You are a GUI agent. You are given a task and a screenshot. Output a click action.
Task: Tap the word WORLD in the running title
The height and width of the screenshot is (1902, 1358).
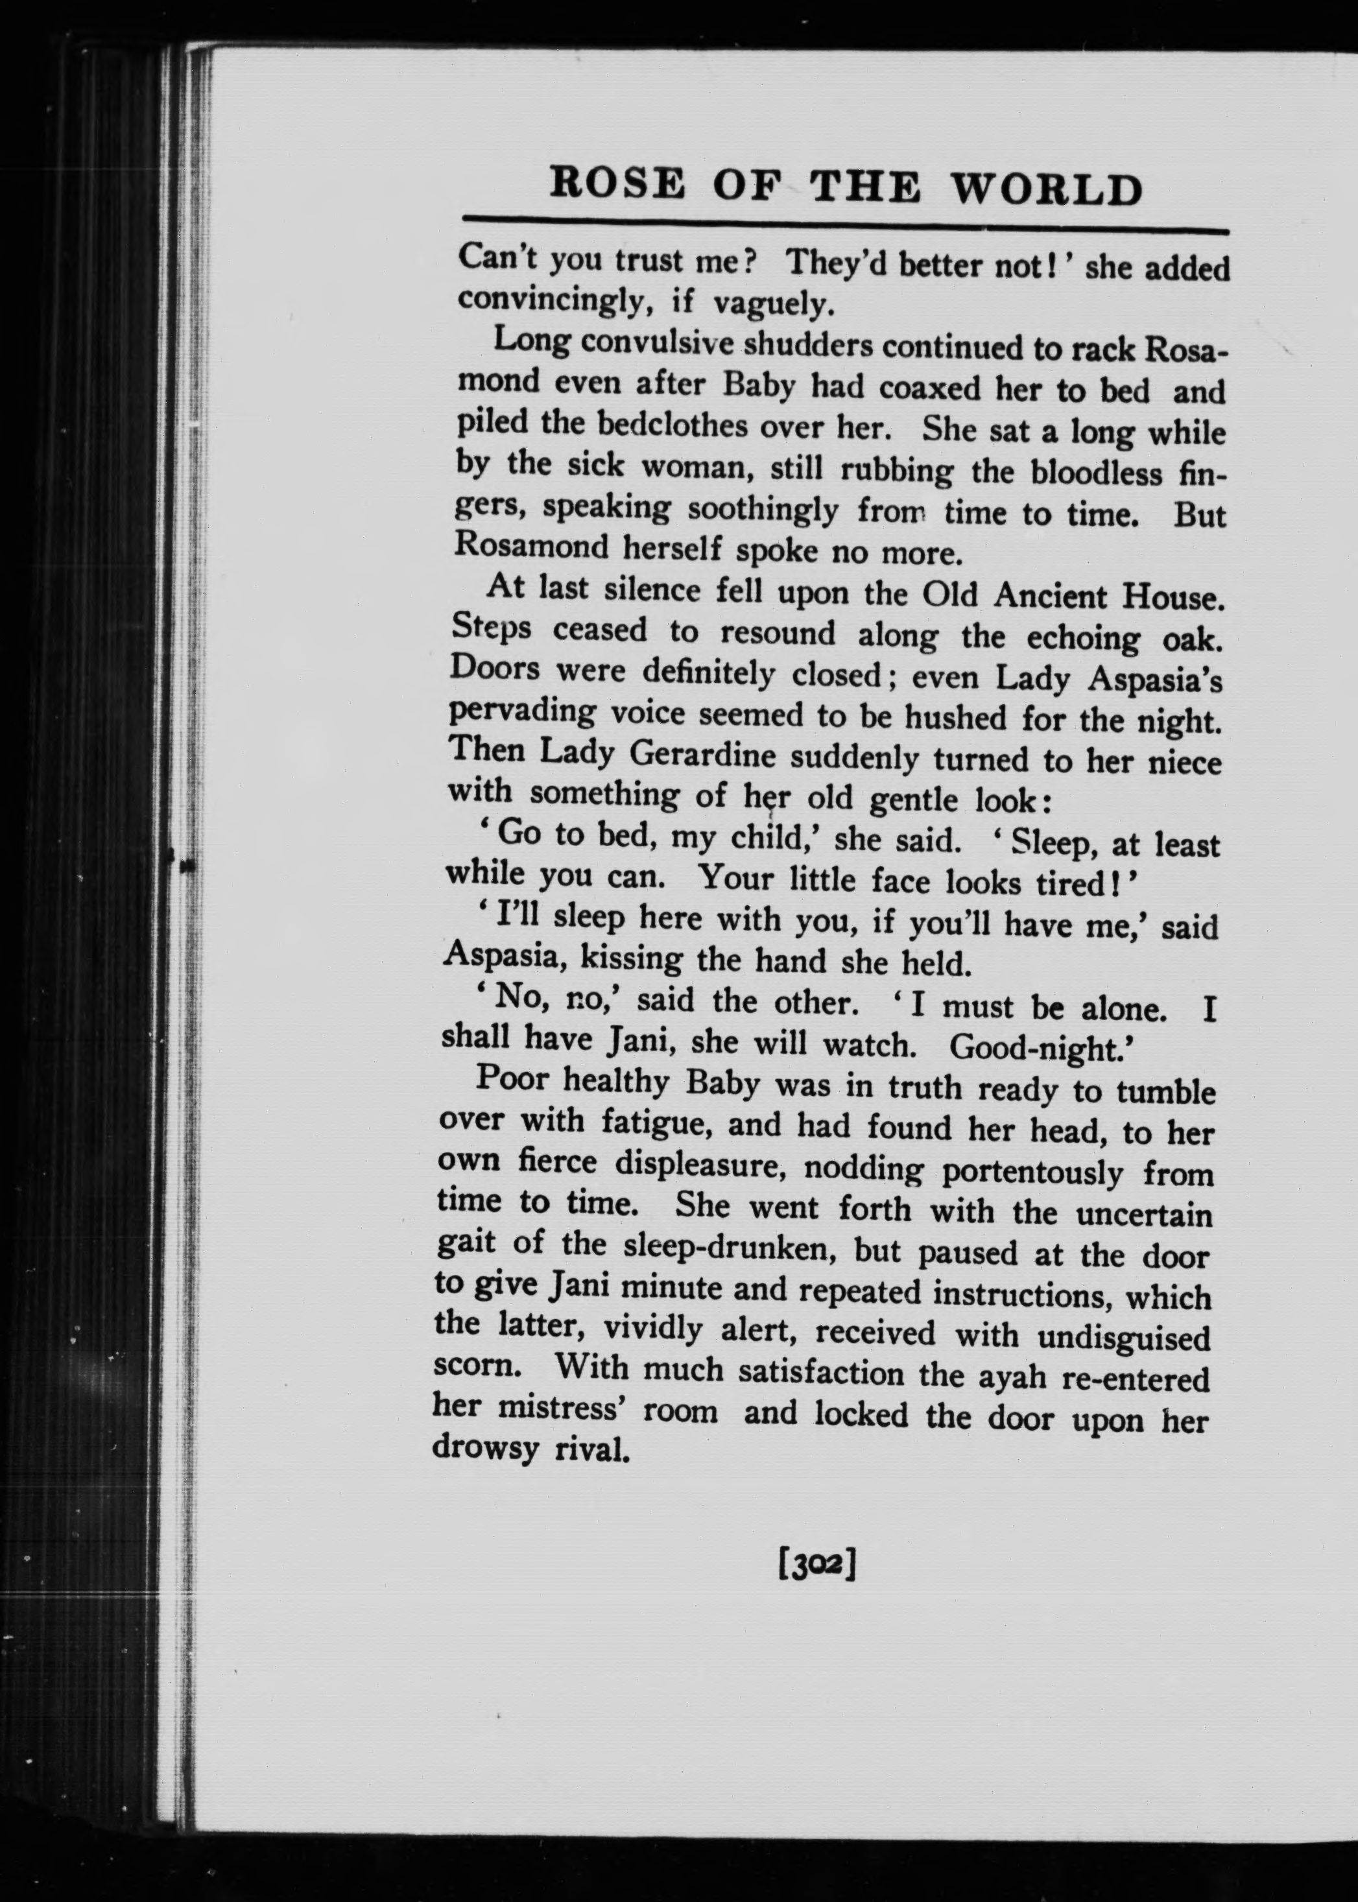pyautogui.click(x=1045, y=190)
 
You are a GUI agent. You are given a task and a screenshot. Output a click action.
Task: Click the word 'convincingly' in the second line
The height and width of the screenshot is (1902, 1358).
pyautogui.click(x=554, y=301)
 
